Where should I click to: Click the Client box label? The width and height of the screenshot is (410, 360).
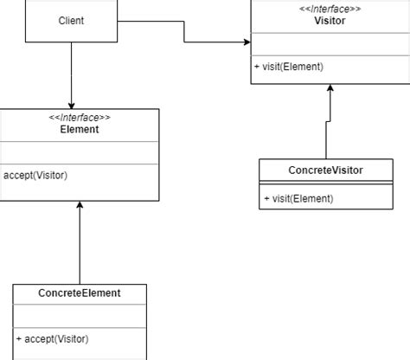71,20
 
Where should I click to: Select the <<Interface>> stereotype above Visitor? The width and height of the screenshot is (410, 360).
330,9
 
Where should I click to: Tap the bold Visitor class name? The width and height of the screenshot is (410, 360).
330,21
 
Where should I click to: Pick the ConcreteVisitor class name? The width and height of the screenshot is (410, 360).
325,170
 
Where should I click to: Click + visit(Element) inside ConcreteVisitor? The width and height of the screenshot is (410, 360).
298,199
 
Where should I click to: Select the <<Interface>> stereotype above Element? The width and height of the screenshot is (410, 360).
80,118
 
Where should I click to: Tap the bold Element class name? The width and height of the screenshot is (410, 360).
80,130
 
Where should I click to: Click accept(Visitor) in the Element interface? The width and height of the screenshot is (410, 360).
35,175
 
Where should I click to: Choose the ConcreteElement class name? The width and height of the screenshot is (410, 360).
80,293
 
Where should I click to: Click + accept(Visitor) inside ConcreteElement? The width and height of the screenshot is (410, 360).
52,338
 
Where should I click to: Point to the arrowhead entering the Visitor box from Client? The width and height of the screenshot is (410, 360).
247,42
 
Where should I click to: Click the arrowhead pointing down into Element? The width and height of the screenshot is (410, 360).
71,103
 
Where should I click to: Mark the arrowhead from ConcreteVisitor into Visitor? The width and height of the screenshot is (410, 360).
330,89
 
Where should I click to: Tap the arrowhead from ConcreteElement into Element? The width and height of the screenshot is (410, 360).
80,206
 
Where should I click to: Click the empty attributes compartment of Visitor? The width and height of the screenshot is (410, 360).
330,44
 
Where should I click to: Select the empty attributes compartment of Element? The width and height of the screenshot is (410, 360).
80,152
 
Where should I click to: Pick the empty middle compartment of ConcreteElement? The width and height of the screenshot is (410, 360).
80,316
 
